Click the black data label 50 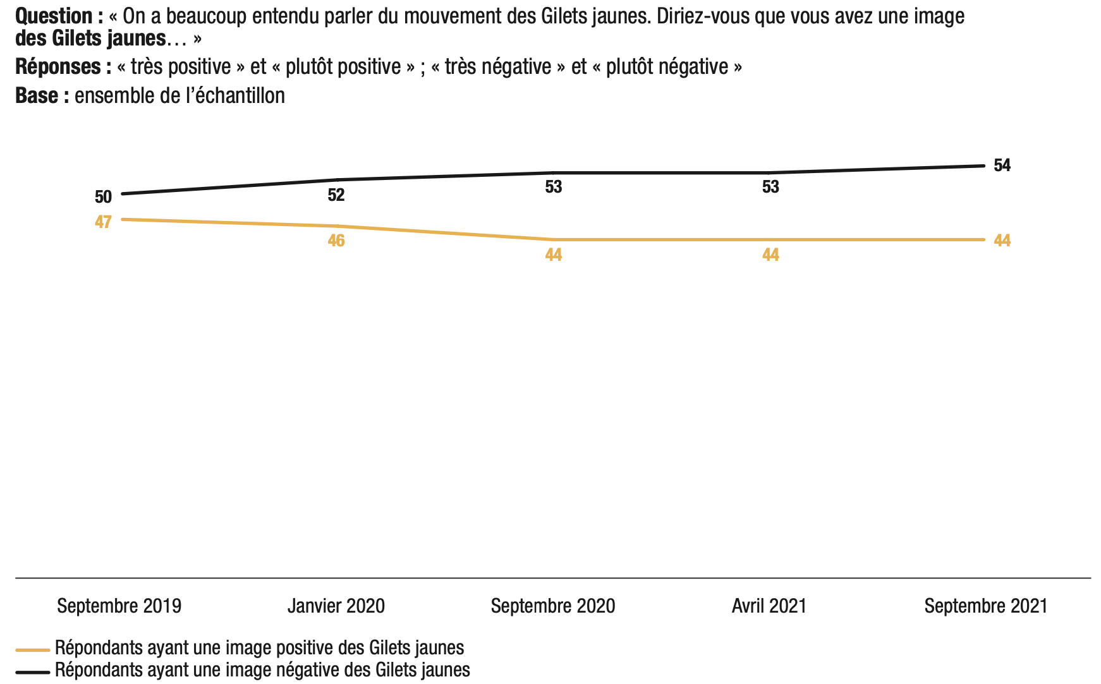pos(103,197)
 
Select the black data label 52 pos(336,195)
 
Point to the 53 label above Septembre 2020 pos(554,187)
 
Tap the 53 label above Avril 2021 pos(770,187)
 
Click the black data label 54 pos(1002,165)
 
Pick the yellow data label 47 pos(103,222)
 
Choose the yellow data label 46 pos(336,241)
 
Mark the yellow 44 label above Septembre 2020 pos(554,255)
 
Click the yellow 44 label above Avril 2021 pos(770,255)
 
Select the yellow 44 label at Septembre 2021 pos(1002,241)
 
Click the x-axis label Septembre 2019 pos(119,606)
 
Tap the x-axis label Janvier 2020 pos(336,606)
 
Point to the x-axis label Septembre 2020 pos(553,606)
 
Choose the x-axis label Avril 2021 pos(769,606)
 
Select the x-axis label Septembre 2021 pos(986,606)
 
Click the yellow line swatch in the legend pos(33,650)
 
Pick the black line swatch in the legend pos(33,672)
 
